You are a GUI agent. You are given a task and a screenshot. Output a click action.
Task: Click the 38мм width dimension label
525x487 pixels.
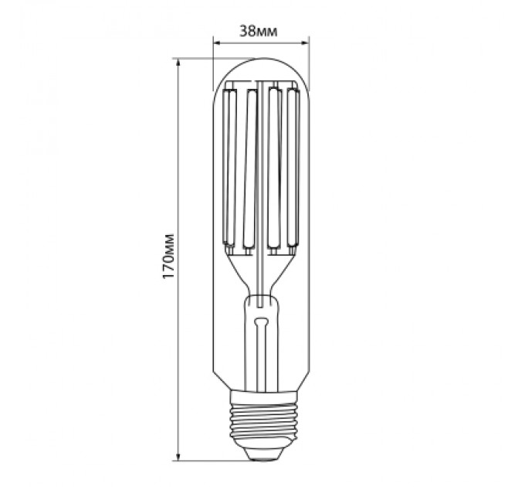pos(259,31)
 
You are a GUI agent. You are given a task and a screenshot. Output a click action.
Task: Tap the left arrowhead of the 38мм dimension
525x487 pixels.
pos(217,42)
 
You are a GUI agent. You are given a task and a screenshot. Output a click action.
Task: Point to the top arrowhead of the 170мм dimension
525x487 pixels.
pos(178,62)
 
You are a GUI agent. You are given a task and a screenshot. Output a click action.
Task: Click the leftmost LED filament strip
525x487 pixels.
pos(229,170)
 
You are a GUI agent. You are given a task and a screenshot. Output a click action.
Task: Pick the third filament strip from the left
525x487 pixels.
pos(273,170)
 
